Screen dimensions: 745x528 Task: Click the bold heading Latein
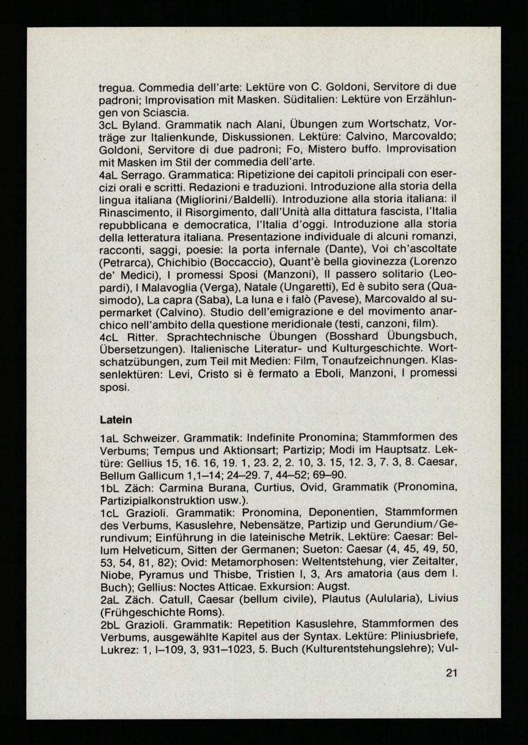pyautogui.click(x=116, y=420)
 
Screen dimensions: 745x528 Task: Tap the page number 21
pyautogui.click(x=451, y=673)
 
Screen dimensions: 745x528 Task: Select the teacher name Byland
pyautogui.click(x=139, y=124)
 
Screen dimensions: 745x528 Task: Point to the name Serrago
pyautogui.click(x=142, y=175)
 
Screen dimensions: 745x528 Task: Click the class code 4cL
pyautogui.click(x=109, y=337)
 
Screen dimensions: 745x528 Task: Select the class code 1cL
pyautogui.click(x=109, y=513)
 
